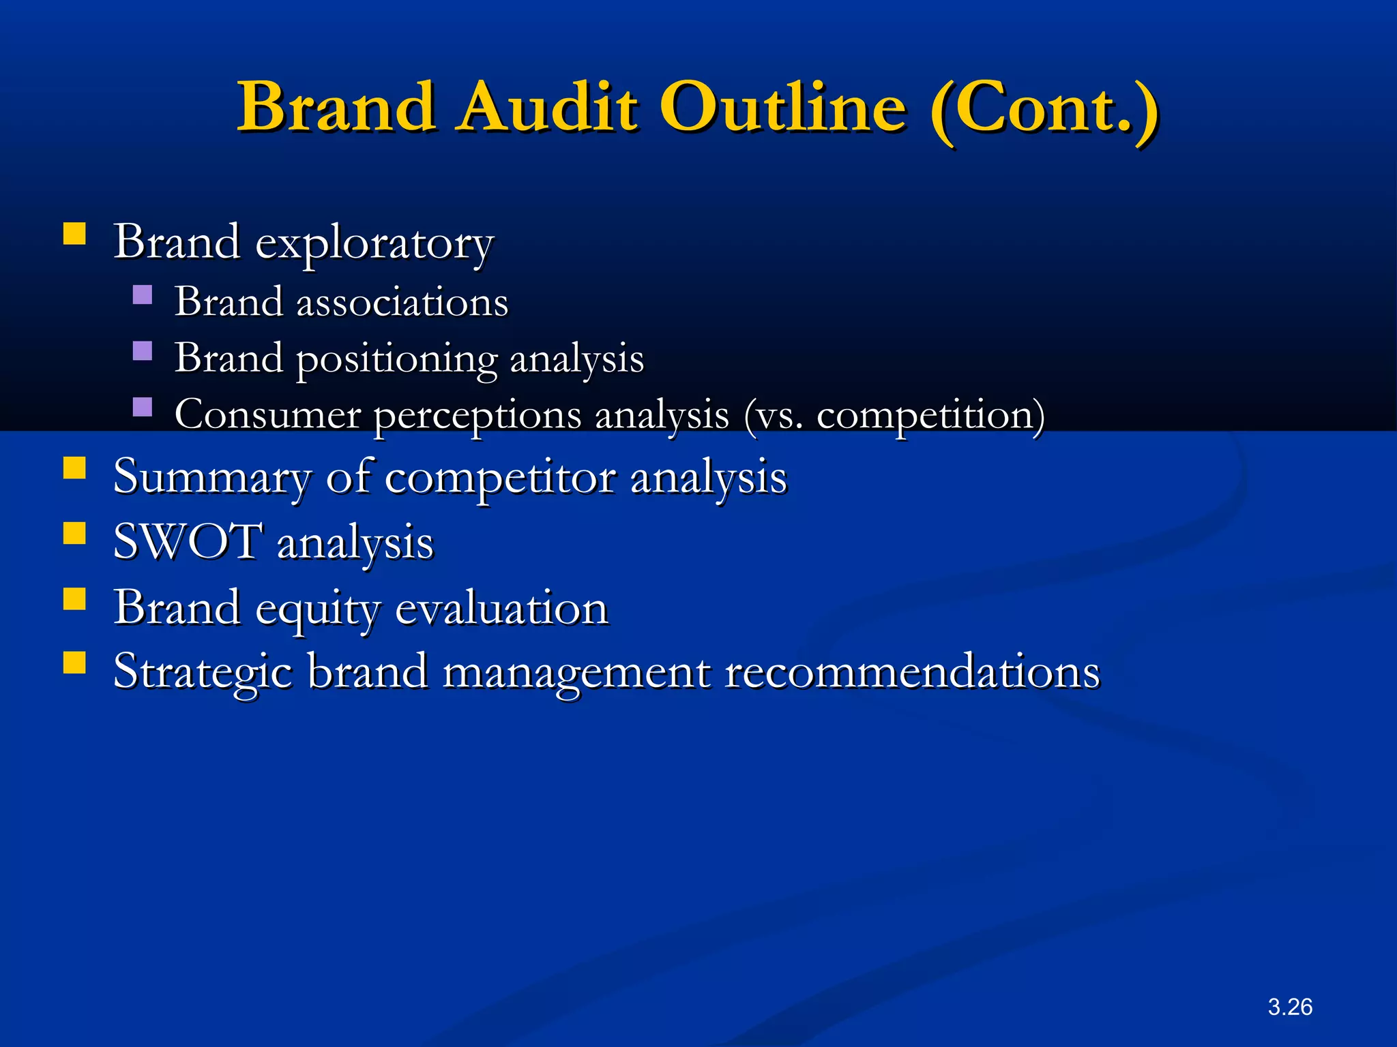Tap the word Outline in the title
[x=784, y=107]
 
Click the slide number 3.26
[x=1290, y=1007]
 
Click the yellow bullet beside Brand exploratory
[x=74, y=234]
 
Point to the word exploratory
[x=374, y=243]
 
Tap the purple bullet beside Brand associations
[x=143, y=294]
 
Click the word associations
[x=402, y=302]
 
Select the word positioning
[x=397, y=359]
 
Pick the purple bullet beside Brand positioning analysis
[x=143, y=351]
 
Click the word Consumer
[x=267, y=414]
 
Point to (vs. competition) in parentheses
[x=894, y=415]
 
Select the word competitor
[x=500, y=477]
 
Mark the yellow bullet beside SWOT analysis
[x=74, y=533]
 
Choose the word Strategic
[x=203, y=672]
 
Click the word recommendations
[x=912, y=671]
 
